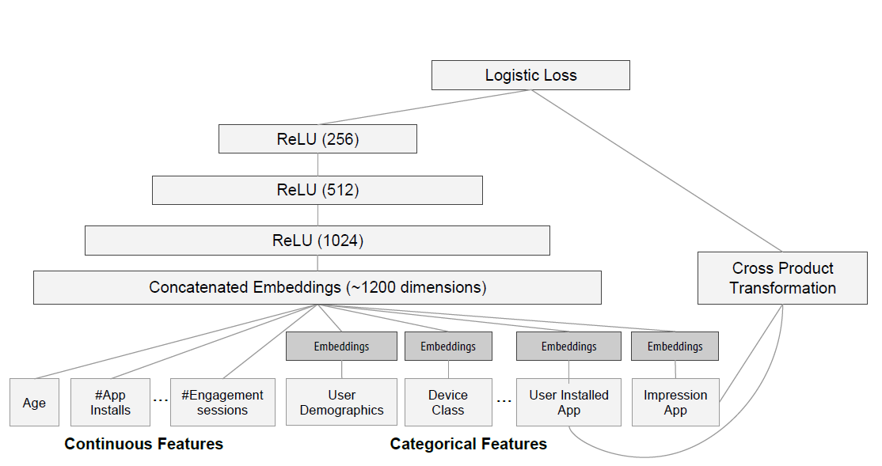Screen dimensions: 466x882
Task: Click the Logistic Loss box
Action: (x=530, y=76)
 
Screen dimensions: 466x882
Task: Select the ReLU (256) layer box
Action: (x=317, y=139)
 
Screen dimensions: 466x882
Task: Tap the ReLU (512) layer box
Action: (x=317, y=190)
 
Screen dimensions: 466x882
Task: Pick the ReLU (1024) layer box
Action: (x=317, y=241)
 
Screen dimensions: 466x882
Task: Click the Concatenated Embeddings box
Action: (x=317, y=288)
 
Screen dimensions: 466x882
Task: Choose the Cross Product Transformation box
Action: (x=782, y=278)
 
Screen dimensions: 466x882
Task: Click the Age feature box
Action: (x=34, y=403)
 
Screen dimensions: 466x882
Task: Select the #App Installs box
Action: (x=110, y=403)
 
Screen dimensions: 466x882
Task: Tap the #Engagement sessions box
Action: (x=222, y=403)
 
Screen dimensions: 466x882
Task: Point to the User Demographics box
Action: (x=341, y=403)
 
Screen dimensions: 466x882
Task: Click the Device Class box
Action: (x=447, y=403)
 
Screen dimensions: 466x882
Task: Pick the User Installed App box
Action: (x=568, y=403)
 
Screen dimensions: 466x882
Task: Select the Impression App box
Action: (x=675, y=403)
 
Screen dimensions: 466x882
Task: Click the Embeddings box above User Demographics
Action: (x=341, y=347)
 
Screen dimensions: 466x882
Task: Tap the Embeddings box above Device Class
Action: (x=447, y=347)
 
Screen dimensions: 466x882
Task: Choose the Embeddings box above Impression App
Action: (x=675, y=347)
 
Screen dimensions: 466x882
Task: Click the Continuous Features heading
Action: (x=143, y=444)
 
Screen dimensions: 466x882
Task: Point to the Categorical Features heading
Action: (x=468, y=444)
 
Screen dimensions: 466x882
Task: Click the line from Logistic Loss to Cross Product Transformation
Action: (x=657, y=171)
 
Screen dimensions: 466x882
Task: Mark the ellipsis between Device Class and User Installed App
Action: (x=504, y=401)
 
